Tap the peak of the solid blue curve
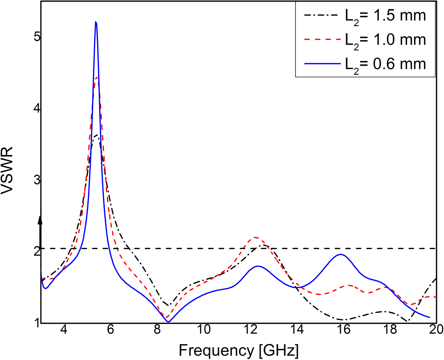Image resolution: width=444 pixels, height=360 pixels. [x=96, y=22]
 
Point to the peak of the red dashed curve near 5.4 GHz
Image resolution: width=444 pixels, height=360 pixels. [x=97, y=77]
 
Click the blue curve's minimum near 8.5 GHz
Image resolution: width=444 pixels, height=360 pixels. [x=168, y=322]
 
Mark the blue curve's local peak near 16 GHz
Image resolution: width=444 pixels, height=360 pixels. [x=341, y=254]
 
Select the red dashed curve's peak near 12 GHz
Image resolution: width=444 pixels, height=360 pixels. [x=256, y=237]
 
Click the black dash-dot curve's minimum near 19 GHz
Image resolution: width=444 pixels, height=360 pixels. [x=407, y=322]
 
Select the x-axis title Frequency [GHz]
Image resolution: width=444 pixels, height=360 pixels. [x=238, y=350]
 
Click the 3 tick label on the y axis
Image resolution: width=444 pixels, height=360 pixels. [x=37, y=180]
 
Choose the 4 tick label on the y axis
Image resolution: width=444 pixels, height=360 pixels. [x=37, y=109]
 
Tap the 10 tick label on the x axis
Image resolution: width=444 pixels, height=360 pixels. [x=204, y=330]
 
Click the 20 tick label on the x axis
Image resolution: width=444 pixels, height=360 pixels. [x=436, y=330]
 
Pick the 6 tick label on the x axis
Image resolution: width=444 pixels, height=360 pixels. [x=110, y=330]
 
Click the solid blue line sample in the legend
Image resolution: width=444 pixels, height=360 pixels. [x=322, y=64]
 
